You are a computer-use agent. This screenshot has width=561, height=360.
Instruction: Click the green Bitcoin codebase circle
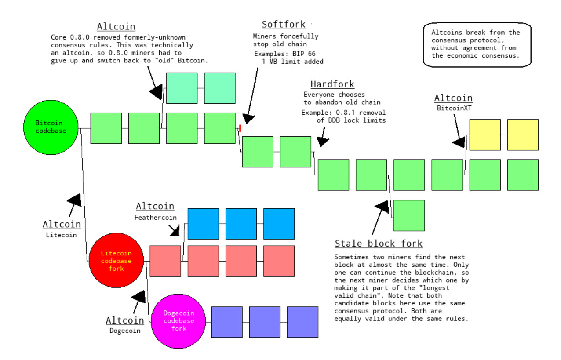[x=51, y=127]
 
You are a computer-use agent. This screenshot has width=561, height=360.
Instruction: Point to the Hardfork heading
[x=332, y=84]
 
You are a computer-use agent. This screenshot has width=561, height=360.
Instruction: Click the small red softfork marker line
[x=240, y=128]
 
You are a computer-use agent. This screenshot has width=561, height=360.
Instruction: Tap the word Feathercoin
[x=156, y=217]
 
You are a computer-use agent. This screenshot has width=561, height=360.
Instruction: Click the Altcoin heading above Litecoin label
[x=62, y=225]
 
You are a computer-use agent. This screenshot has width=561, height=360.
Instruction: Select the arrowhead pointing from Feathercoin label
[x=175, y=230]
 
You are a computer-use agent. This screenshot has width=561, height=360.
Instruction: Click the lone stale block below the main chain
[x=409, y=215]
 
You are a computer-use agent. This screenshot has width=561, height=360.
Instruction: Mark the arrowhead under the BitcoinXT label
[x=459, y=142]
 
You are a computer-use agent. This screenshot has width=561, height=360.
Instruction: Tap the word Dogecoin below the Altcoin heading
[x=125, y=331]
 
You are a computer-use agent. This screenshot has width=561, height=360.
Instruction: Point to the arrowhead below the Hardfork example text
[x=323, y=141]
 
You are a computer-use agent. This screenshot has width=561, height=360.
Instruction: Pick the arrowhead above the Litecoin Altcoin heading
[x=75, y=200]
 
